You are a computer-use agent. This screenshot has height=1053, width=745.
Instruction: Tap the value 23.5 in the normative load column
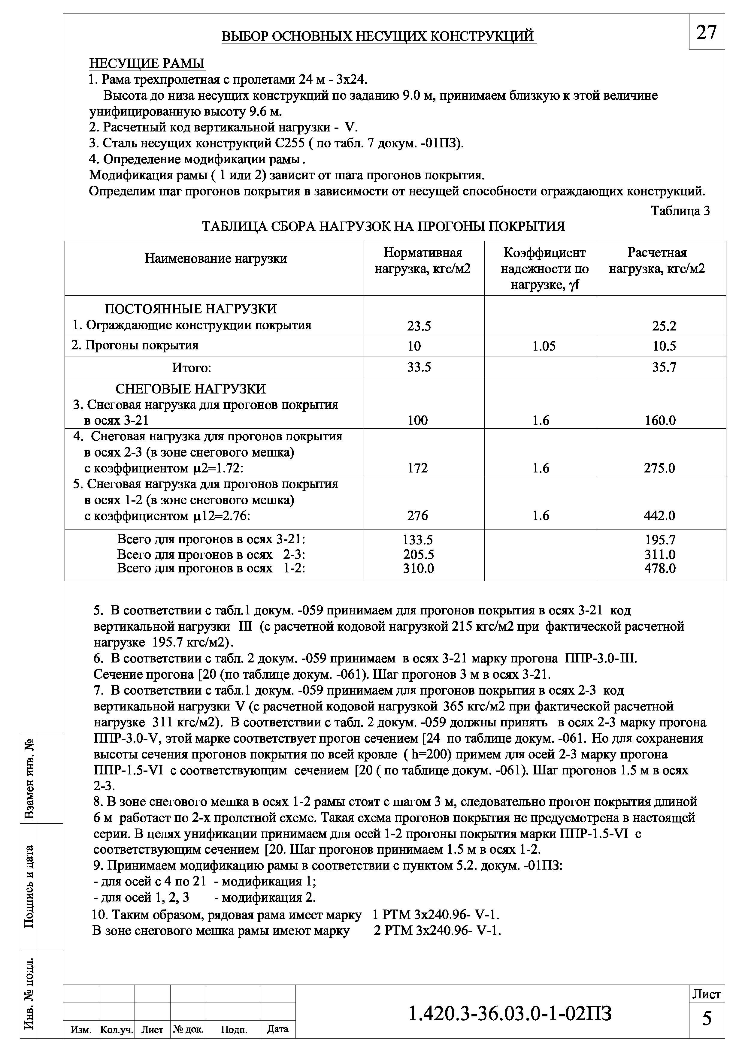pyautogui.click(x=419, y=326)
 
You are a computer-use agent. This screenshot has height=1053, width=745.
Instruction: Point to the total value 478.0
pyautogui.click(x=660, y=569)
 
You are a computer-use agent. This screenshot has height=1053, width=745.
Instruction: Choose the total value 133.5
pyautogui.click(x=417, y=539)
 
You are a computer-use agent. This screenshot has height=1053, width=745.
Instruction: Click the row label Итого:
pyautogui.click(x=191, y=367)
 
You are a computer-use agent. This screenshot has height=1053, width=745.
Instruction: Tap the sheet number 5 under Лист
pyautogui.click(x=707, y=1018)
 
